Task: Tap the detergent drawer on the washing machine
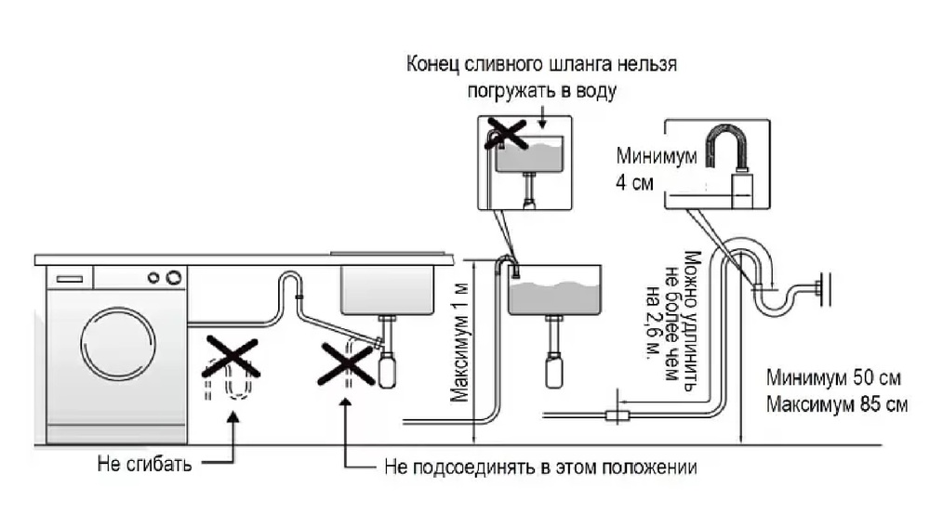click(70, 277)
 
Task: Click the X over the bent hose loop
click(230, 357)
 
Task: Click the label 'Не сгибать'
click(144, 463)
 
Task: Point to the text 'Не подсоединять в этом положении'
click(539, 466)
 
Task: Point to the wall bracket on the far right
click(822, 289)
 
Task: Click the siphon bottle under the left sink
click(387, 371)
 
